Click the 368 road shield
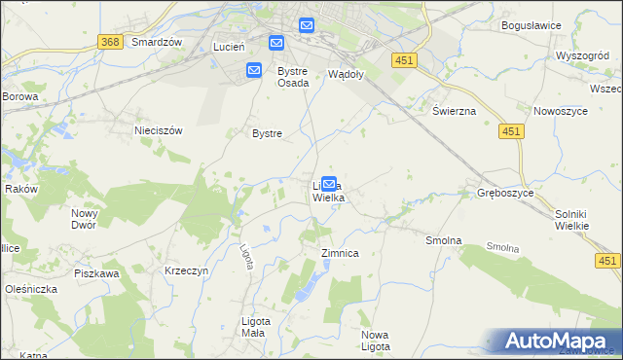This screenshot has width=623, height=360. pos(110,42)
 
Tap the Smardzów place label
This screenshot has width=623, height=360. pos(158,43)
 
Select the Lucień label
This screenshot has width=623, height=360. pos(232,47)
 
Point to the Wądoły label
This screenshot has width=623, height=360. pos(346,74)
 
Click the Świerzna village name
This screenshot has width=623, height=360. pos(454,111)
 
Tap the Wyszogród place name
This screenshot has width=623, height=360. pos(582,55)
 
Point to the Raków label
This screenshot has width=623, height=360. pos(20,189)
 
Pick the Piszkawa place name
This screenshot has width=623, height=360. pos(95,273)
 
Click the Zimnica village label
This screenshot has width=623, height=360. pos(341,253)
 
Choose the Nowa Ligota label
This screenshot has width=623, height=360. pos(375,341)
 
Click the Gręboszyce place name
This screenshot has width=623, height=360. pos(504,193)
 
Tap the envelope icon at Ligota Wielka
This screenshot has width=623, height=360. pos(329,183)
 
